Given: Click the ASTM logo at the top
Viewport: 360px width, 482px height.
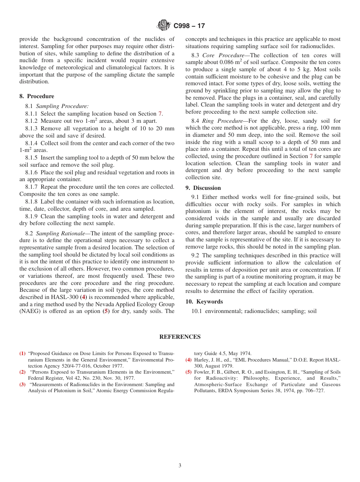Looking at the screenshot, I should coord(164,25).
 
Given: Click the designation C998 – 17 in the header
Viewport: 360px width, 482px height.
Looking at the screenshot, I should coord(189,26).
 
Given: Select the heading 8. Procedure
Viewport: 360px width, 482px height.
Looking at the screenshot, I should coord(37,96).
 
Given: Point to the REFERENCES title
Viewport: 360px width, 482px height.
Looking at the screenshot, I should coord(180,337).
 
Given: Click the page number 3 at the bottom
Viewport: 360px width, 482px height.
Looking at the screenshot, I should coord(180,466).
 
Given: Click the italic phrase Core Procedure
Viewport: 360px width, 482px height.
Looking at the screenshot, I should coord(223,55).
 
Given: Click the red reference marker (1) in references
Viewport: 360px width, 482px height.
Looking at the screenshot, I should coord(22,354).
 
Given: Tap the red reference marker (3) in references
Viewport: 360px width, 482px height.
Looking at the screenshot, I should coord(22,385).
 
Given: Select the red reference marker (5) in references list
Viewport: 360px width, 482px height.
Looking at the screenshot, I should coord(188,372).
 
